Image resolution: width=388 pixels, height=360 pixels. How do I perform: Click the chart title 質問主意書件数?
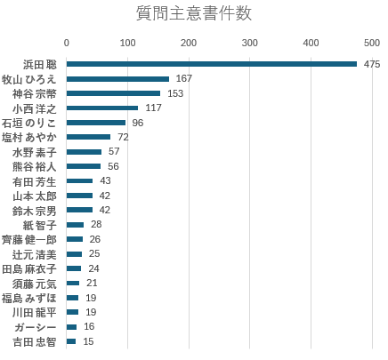click(194, 13)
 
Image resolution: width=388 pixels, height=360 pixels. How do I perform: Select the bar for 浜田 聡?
click(212, 64)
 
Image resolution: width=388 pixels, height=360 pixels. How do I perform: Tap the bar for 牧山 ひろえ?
click(117, 79)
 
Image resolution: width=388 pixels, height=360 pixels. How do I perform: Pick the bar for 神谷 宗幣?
click(113, 93)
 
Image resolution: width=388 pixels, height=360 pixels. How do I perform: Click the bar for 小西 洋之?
click(102, 108)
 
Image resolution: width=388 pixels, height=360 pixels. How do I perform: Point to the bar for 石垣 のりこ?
click(96, 123)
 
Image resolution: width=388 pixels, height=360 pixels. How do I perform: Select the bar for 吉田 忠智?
click(71, 341)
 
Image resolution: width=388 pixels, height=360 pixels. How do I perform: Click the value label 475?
click(372, 64)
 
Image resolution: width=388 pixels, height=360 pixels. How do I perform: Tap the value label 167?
click(184, 78)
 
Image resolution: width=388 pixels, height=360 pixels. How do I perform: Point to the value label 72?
click(123, 137)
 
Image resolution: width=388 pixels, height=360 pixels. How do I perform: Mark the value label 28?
click(96, 224)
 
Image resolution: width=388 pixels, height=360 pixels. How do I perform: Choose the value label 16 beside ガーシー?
click(89, 326)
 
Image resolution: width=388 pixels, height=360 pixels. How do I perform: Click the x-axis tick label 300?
click(249, 43)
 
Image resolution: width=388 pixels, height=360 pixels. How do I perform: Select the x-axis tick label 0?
click(67, 43)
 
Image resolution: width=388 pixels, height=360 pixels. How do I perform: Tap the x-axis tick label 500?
click(372, 43)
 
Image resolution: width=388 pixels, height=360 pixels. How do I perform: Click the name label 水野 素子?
click(35, 152)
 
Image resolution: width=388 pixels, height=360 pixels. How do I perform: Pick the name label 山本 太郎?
click(35, 196)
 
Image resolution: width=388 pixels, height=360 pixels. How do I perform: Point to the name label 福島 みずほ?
click(29, 298)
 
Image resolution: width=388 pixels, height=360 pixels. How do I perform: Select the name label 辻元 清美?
click(35, 254)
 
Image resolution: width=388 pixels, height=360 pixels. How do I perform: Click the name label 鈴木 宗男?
click(35, 211)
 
